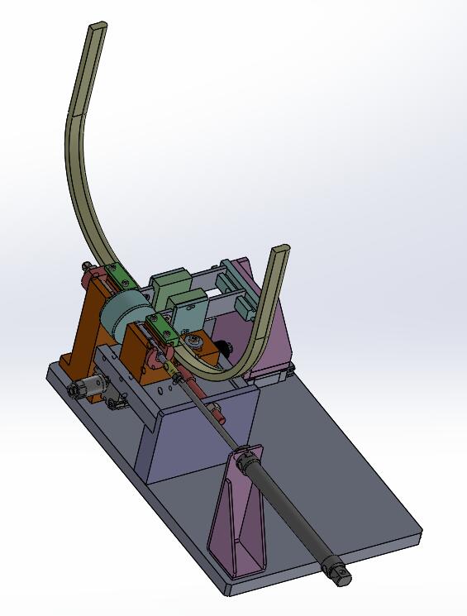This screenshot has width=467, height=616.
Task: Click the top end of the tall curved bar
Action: click(x=97, y=31)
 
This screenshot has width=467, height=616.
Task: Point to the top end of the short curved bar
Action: click(x=281, y=251)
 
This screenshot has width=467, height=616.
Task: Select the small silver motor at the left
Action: click(x=88, y=386)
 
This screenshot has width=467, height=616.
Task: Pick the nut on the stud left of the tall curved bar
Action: click(x=88, y=268)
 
